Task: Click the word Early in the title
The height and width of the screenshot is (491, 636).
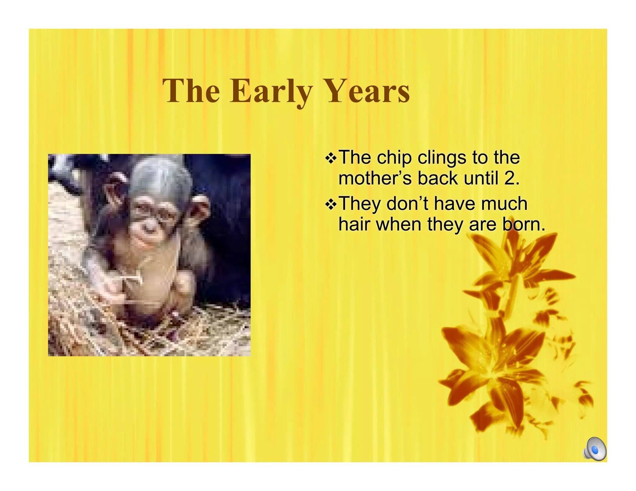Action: click(271, 91)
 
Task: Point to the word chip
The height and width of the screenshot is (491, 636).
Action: click(394, 158)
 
